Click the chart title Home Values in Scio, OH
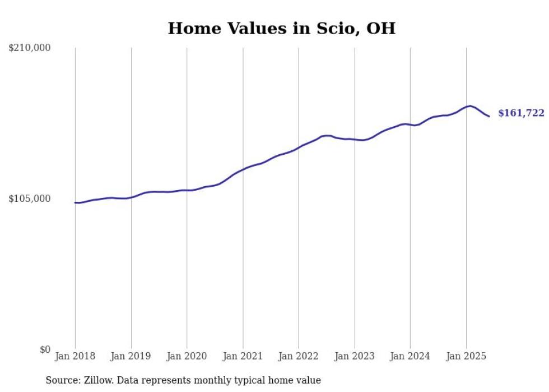coord(281,29)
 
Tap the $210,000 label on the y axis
coord(30,48)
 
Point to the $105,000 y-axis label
coord(30,199)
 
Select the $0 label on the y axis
coord(45,350)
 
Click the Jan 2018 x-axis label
coord(75,356)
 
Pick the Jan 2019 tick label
coord(131,356)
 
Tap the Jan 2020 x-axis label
coord(187,356)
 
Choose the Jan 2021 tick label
coord(243,356)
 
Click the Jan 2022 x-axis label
coord(299,356)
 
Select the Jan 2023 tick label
coord(354,356)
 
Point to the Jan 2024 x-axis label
coord(410,356)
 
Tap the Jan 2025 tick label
coord(466,356)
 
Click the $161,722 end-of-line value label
coord(521,113)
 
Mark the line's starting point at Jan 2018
coord(75,202)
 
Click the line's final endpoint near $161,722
coord(489,116)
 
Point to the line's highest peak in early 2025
coord(470,106)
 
